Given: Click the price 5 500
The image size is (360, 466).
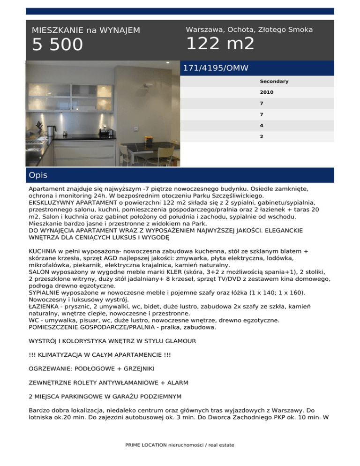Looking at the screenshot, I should coord(57,45).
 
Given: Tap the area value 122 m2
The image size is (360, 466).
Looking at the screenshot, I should coord(220,44).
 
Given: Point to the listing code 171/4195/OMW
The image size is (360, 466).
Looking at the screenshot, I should coord(216,68).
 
